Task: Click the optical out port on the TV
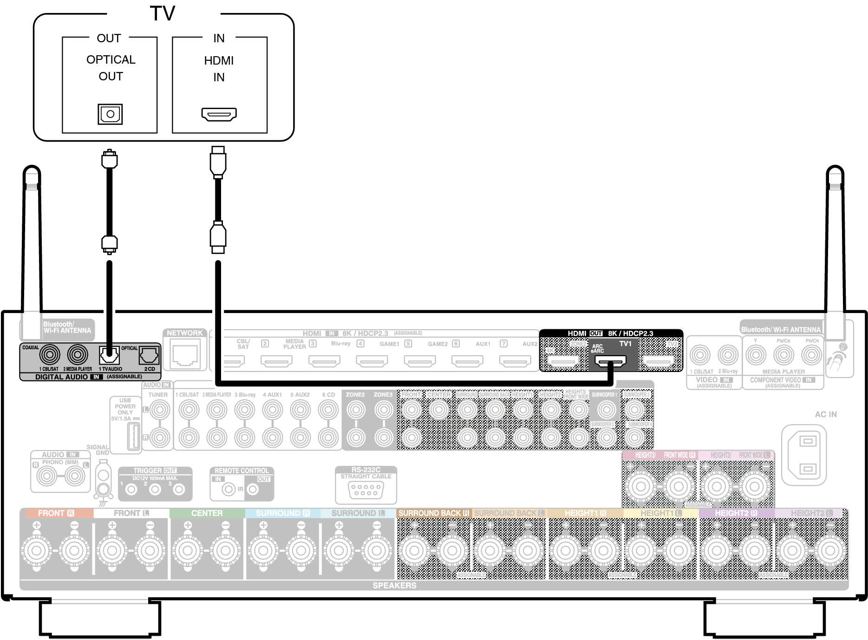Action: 110,114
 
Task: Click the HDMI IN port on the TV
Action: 219,114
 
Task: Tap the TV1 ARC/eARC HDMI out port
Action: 610,360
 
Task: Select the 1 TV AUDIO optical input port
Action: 110,356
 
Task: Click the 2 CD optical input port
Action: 149,356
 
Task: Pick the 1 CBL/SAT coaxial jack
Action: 50,355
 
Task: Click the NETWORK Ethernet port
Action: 185,354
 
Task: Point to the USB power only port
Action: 134,436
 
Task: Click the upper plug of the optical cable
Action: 110,159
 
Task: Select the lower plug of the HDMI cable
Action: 218,237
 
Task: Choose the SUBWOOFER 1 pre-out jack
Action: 606,410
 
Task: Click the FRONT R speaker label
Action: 56,513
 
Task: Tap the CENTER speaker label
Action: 207,513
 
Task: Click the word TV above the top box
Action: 162,13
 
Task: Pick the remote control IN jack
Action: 228,489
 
